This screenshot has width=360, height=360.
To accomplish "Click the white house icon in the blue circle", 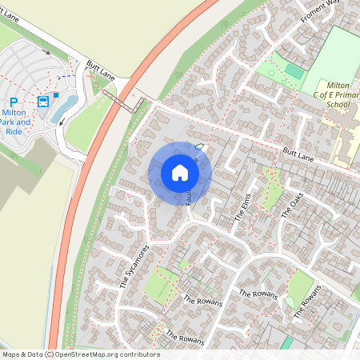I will (180, 173).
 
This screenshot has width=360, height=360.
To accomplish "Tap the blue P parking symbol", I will (13, 102).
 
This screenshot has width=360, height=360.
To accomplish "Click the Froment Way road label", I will (321, 12).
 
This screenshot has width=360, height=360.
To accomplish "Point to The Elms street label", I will (243, 210).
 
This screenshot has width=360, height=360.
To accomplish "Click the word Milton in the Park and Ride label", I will (17, 114).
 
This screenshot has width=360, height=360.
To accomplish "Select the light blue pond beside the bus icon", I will (63, 107).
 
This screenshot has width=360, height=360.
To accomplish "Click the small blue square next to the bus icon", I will (56, 94).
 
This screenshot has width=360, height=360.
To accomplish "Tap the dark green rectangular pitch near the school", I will (294, 72).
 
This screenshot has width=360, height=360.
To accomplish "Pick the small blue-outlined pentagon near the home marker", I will (199, 146).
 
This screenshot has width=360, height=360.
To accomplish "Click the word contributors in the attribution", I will (136, 354).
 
